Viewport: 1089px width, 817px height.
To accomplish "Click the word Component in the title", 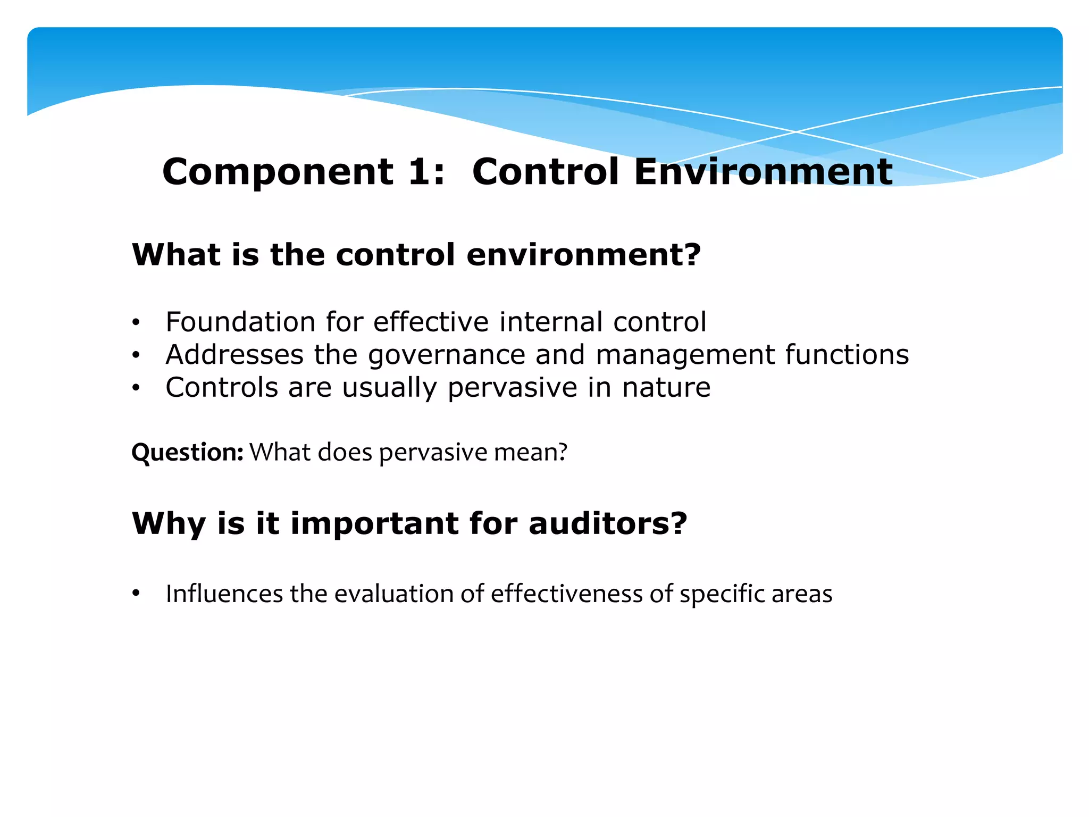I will tap(278, 172).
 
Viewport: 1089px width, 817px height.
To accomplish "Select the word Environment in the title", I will tap(763, 172).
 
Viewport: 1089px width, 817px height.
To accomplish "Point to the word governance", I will tap(447, 355).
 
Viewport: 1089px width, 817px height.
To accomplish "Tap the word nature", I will tap(666, 387).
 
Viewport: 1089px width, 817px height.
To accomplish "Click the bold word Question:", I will tap(187, 453).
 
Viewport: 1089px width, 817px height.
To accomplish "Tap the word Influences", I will tap(224, 594).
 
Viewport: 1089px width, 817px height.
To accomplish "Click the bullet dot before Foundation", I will tap(136, 323).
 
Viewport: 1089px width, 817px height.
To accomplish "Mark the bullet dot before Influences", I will tap(136, 593).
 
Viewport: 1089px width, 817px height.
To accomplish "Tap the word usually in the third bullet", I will tap(389, 388).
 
